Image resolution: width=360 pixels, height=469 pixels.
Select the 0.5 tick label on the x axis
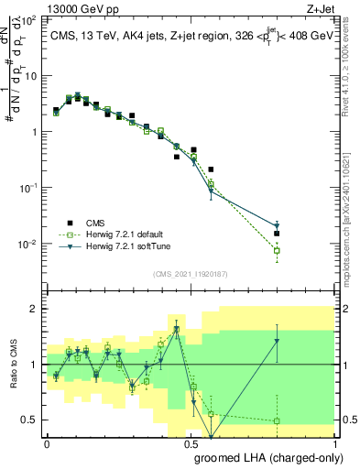click(x=191, y=442)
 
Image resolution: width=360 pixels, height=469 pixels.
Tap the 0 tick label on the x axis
click(x=48, y=442)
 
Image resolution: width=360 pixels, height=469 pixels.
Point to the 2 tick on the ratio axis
click(x=32, y=309)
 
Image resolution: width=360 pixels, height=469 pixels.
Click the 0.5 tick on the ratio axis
click(x=28, y=420)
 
